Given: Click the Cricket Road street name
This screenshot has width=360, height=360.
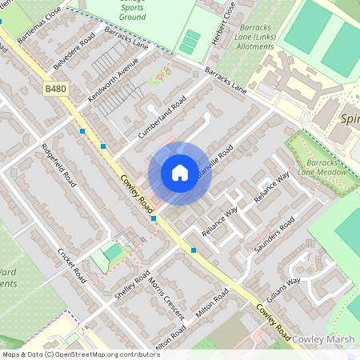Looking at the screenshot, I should pyautogui.click(x=72, y=263).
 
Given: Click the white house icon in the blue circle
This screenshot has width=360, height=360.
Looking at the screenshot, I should pyautogui.click(x=179, y=172).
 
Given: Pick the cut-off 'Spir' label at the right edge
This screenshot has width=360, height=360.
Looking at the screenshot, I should pyautogui.click(x=350, y=119).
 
